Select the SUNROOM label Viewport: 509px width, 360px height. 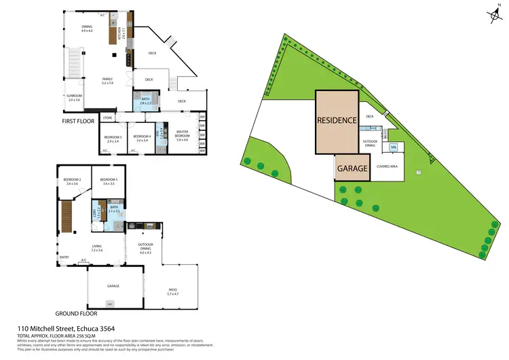(x=73, y=96)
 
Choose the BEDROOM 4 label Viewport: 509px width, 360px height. (x=141, y=137)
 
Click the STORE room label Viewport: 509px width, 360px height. (x=107, y=118)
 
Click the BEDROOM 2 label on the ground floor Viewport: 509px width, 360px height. (x=73, y=179)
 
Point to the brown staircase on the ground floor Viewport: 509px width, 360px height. (x=67, y=217)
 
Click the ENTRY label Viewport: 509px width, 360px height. (x=64, y=257)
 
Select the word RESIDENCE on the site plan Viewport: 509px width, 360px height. (x=337, y=120)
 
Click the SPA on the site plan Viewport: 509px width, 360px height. (x=393, y=147)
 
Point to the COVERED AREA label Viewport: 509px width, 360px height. (x=387, y=166)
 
